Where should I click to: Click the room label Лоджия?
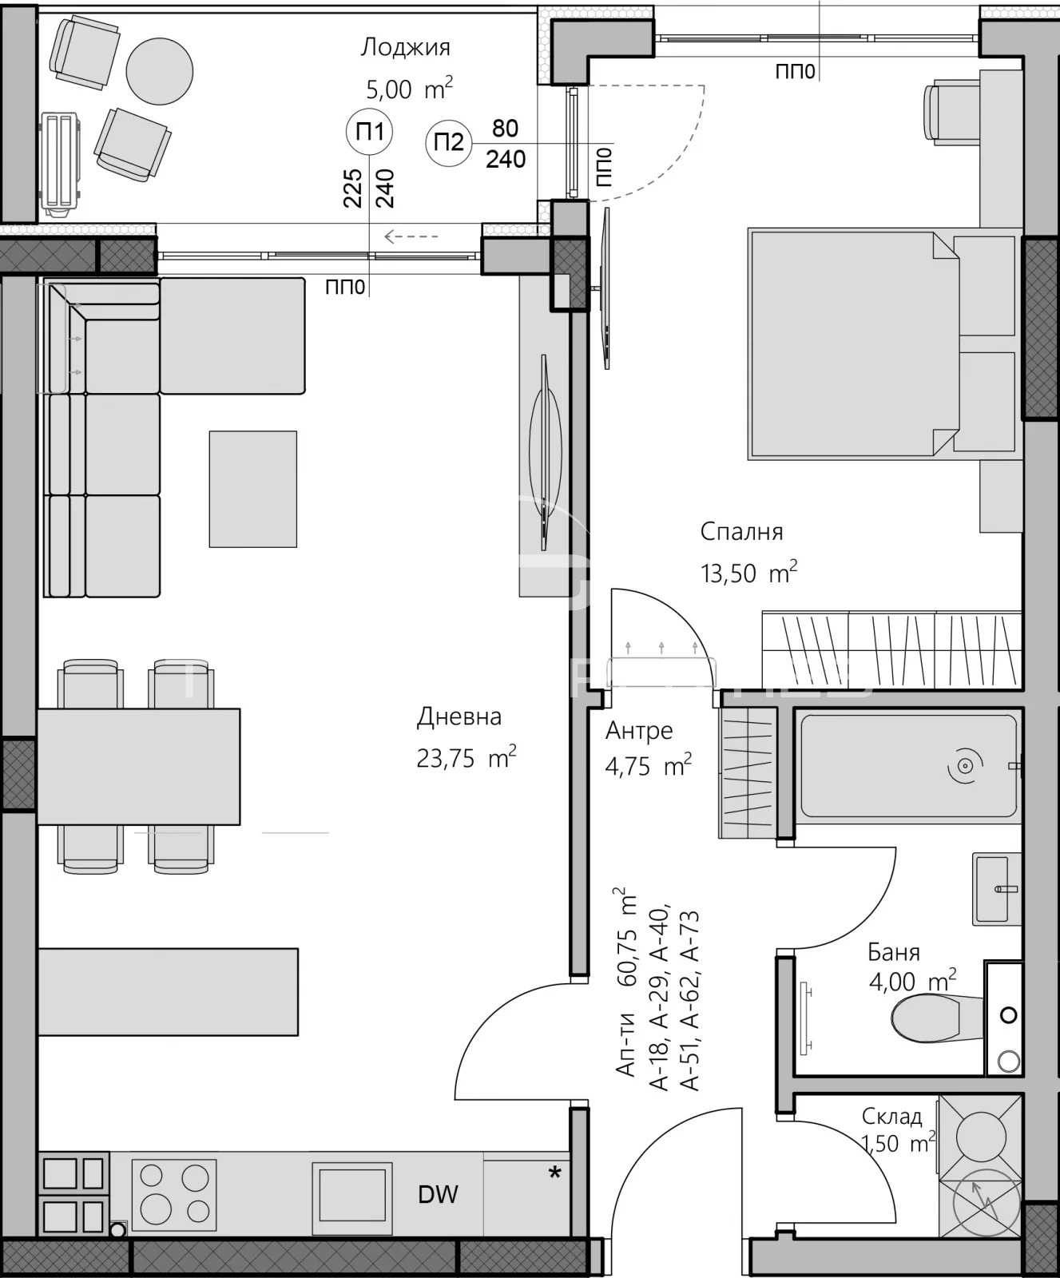click(405, 48)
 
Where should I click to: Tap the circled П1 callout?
click(369, 132)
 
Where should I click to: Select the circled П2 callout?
click(449, 143)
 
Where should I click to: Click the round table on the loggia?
click(160, 71)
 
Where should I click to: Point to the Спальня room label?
click(741, 532)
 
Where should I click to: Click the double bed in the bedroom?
click(854, 345)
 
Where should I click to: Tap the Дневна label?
click(459, 716)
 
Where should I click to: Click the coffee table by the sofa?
click(253, 489)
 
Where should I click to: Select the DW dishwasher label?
click(438, 1194)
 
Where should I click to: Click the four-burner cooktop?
click(174, 1194)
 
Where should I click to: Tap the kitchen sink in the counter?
click(352, 1193)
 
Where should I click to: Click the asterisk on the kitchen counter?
click(554, 1173)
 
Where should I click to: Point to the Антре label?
click(639, 731)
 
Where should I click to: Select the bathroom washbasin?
click(997, 889)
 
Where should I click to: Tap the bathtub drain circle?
click(965, 767)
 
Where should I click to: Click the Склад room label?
click(891, 1117)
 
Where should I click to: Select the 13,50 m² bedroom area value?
click(748, 573)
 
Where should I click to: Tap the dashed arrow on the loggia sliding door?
click(411, 236)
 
